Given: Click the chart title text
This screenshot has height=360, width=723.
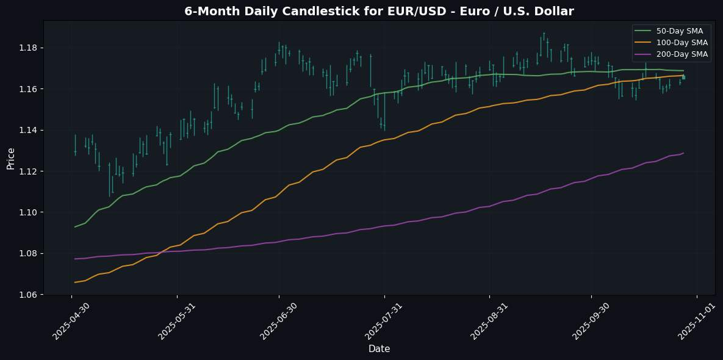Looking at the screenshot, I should pos(379,11).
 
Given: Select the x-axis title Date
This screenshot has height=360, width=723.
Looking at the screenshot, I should pos(379,349).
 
